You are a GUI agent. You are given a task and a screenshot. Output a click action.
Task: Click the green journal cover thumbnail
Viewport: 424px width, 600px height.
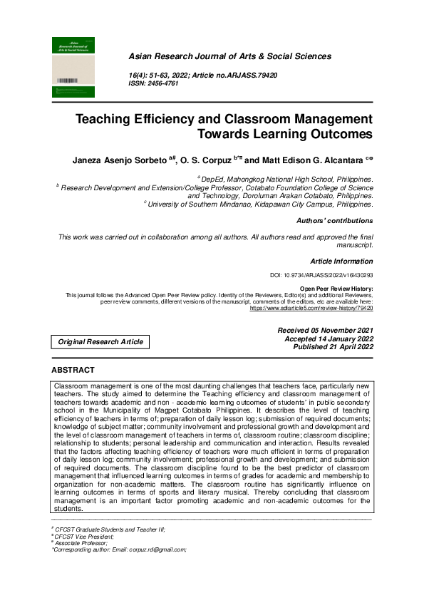pos(73,67)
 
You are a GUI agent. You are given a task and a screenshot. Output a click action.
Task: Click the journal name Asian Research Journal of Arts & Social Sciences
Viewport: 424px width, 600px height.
pos(229,56)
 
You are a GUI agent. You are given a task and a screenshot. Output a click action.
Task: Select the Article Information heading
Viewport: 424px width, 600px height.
pos(341,262)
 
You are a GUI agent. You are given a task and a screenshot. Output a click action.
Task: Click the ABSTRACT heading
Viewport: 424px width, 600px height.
pos(73,371)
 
